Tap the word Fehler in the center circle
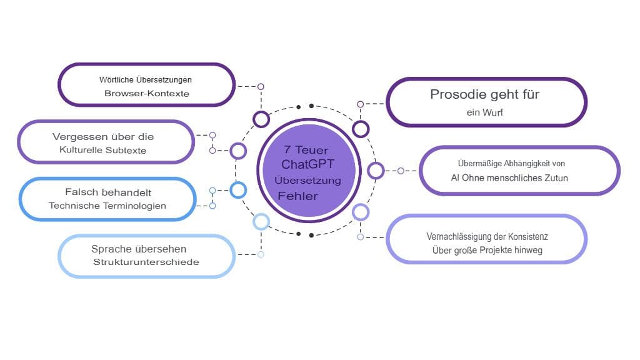tap(298, 196)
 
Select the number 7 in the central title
tap(287, 151)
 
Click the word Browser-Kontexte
tap(147, 94)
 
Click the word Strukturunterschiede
tap(146, 262)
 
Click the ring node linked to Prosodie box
tap(361, 129)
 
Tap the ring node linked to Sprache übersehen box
tap(261, 221)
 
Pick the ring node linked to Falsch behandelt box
tap(239, 190)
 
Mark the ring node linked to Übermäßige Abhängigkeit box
tap(376, 170)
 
